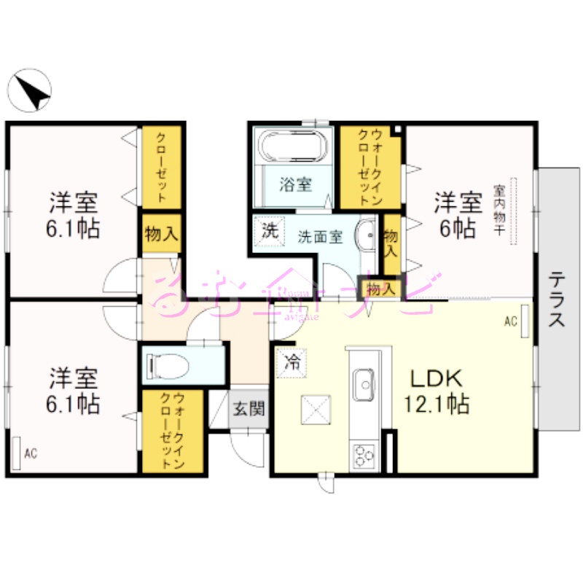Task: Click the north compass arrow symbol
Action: click(x=30, y=92)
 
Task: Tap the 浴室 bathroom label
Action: click(x=295, y=184)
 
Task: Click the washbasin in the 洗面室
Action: click(x=366, y=235)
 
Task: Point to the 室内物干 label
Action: click(x=500, y=211)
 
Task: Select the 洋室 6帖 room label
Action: click(x=457, y=213)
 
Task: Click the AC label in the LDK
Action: click(x=510, y=321)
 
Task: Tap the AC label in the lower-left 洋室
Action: click(x=30, y=454)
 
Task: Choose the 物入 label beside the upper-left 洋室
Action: click(x=161, y=234)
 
